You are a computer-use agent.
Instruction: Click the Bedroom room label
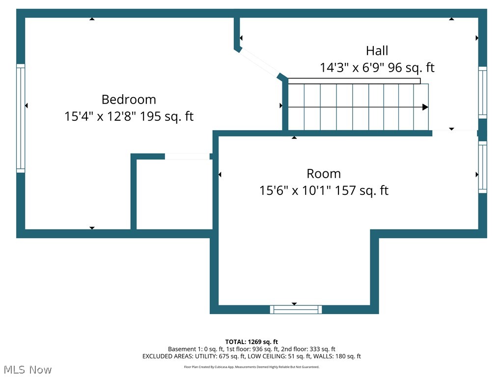pyautogui.click(x=129, y=99)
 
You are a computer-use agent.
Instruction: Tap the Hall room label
pyautogui.click(x=377, y=51)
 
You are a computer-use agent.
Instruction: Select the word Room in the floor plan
pyautogui.click(x=324, y=173)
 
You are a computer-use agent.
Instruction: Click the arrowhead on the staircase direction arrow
pyautogui.click(x=425, y=107)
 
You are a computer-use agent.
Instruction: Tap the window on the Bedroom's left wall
pyautogui.click(x=21, y=118)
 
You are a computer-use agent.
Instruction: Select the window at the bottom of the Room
pyautogui.click(x=296, y=309)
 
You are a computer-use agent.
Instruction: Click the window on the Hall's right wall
pyautogui.click(x=482, y=92)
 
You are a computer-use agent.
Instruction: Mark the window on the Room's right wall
pyautogui.click(x=482, y=167)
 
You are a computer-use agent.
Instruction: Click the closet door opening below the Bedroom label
pyautogui.click(x=187, y=157)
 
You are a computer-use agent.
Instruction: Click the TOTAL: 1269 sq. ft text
pyautogui.click(x=251, y=342)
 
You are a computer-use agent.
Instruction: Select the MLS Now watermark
pyautogui.click(x=28, y=369)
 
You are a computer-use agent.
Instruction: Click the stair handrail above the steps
pyautogui.click(x=354, y=81)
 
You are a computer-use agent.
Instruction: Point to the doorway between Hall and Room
pyautogui.click(x=454, y=132)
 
